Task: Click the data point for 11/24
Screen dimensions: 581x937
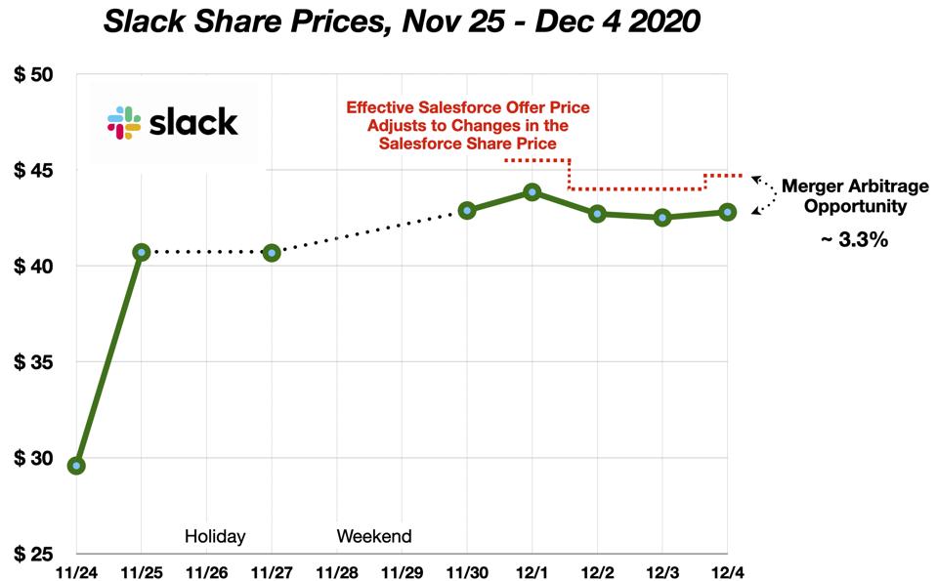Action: tap(76, 465)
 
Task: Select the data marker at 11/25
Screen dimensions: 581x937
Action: tap(142, 252)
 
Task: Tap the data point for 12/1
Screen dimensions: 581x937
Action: tap(532, 191)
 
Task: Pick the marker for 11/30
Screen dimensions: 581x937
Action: tap(467, 210)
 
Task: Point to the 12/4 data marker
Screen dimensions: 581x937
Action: tap(728, 212)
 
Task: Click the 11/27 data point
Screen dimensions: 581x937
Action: tap(272, 253)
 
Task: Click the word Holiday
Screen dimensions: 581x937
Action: tap(215, 536)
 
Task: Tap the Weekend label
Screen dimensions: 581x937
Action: tap(374, 536)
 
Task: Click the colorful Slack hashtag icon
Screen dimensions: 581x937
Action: tap(125, 122)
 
